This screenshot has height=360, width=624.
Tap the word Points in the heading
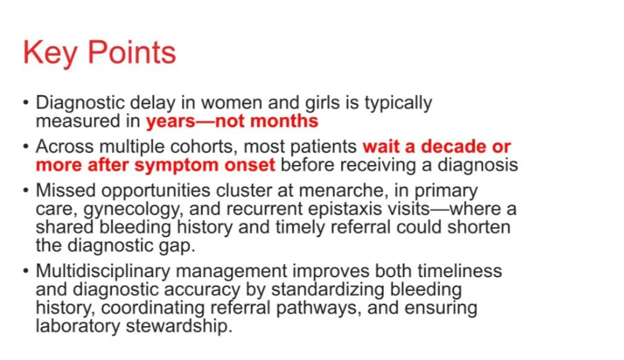coord(132,52)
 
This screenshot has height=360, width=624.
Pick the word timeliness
coord(459,271)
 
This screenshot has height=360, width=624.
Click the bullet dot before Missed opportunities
coord(26,191)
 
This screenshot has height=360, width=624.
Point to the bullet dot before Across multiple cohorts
coord(26,147)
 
